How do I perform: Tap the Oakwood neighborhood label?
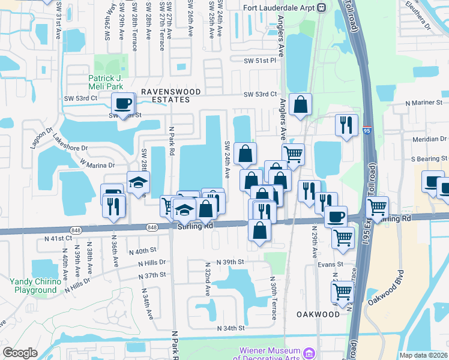[x=318, y=314]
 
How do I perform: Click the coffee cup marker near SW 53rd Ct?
[x=123, y=104]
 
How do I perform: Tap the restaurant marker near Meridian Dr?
[x=346, y=125]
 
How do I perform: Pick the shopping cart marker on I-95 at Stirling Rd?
[x=377, y=208]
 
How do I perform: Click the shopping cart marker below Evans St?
[x=342, y=292]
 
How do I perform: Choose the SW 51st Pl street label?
[x=259, y=61]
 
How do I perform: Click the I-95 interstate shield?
[x=367, y=128]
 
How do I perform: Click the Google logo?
[x=20, y=353]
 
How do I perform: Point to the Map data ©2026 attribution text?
[x=424, y=355]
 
